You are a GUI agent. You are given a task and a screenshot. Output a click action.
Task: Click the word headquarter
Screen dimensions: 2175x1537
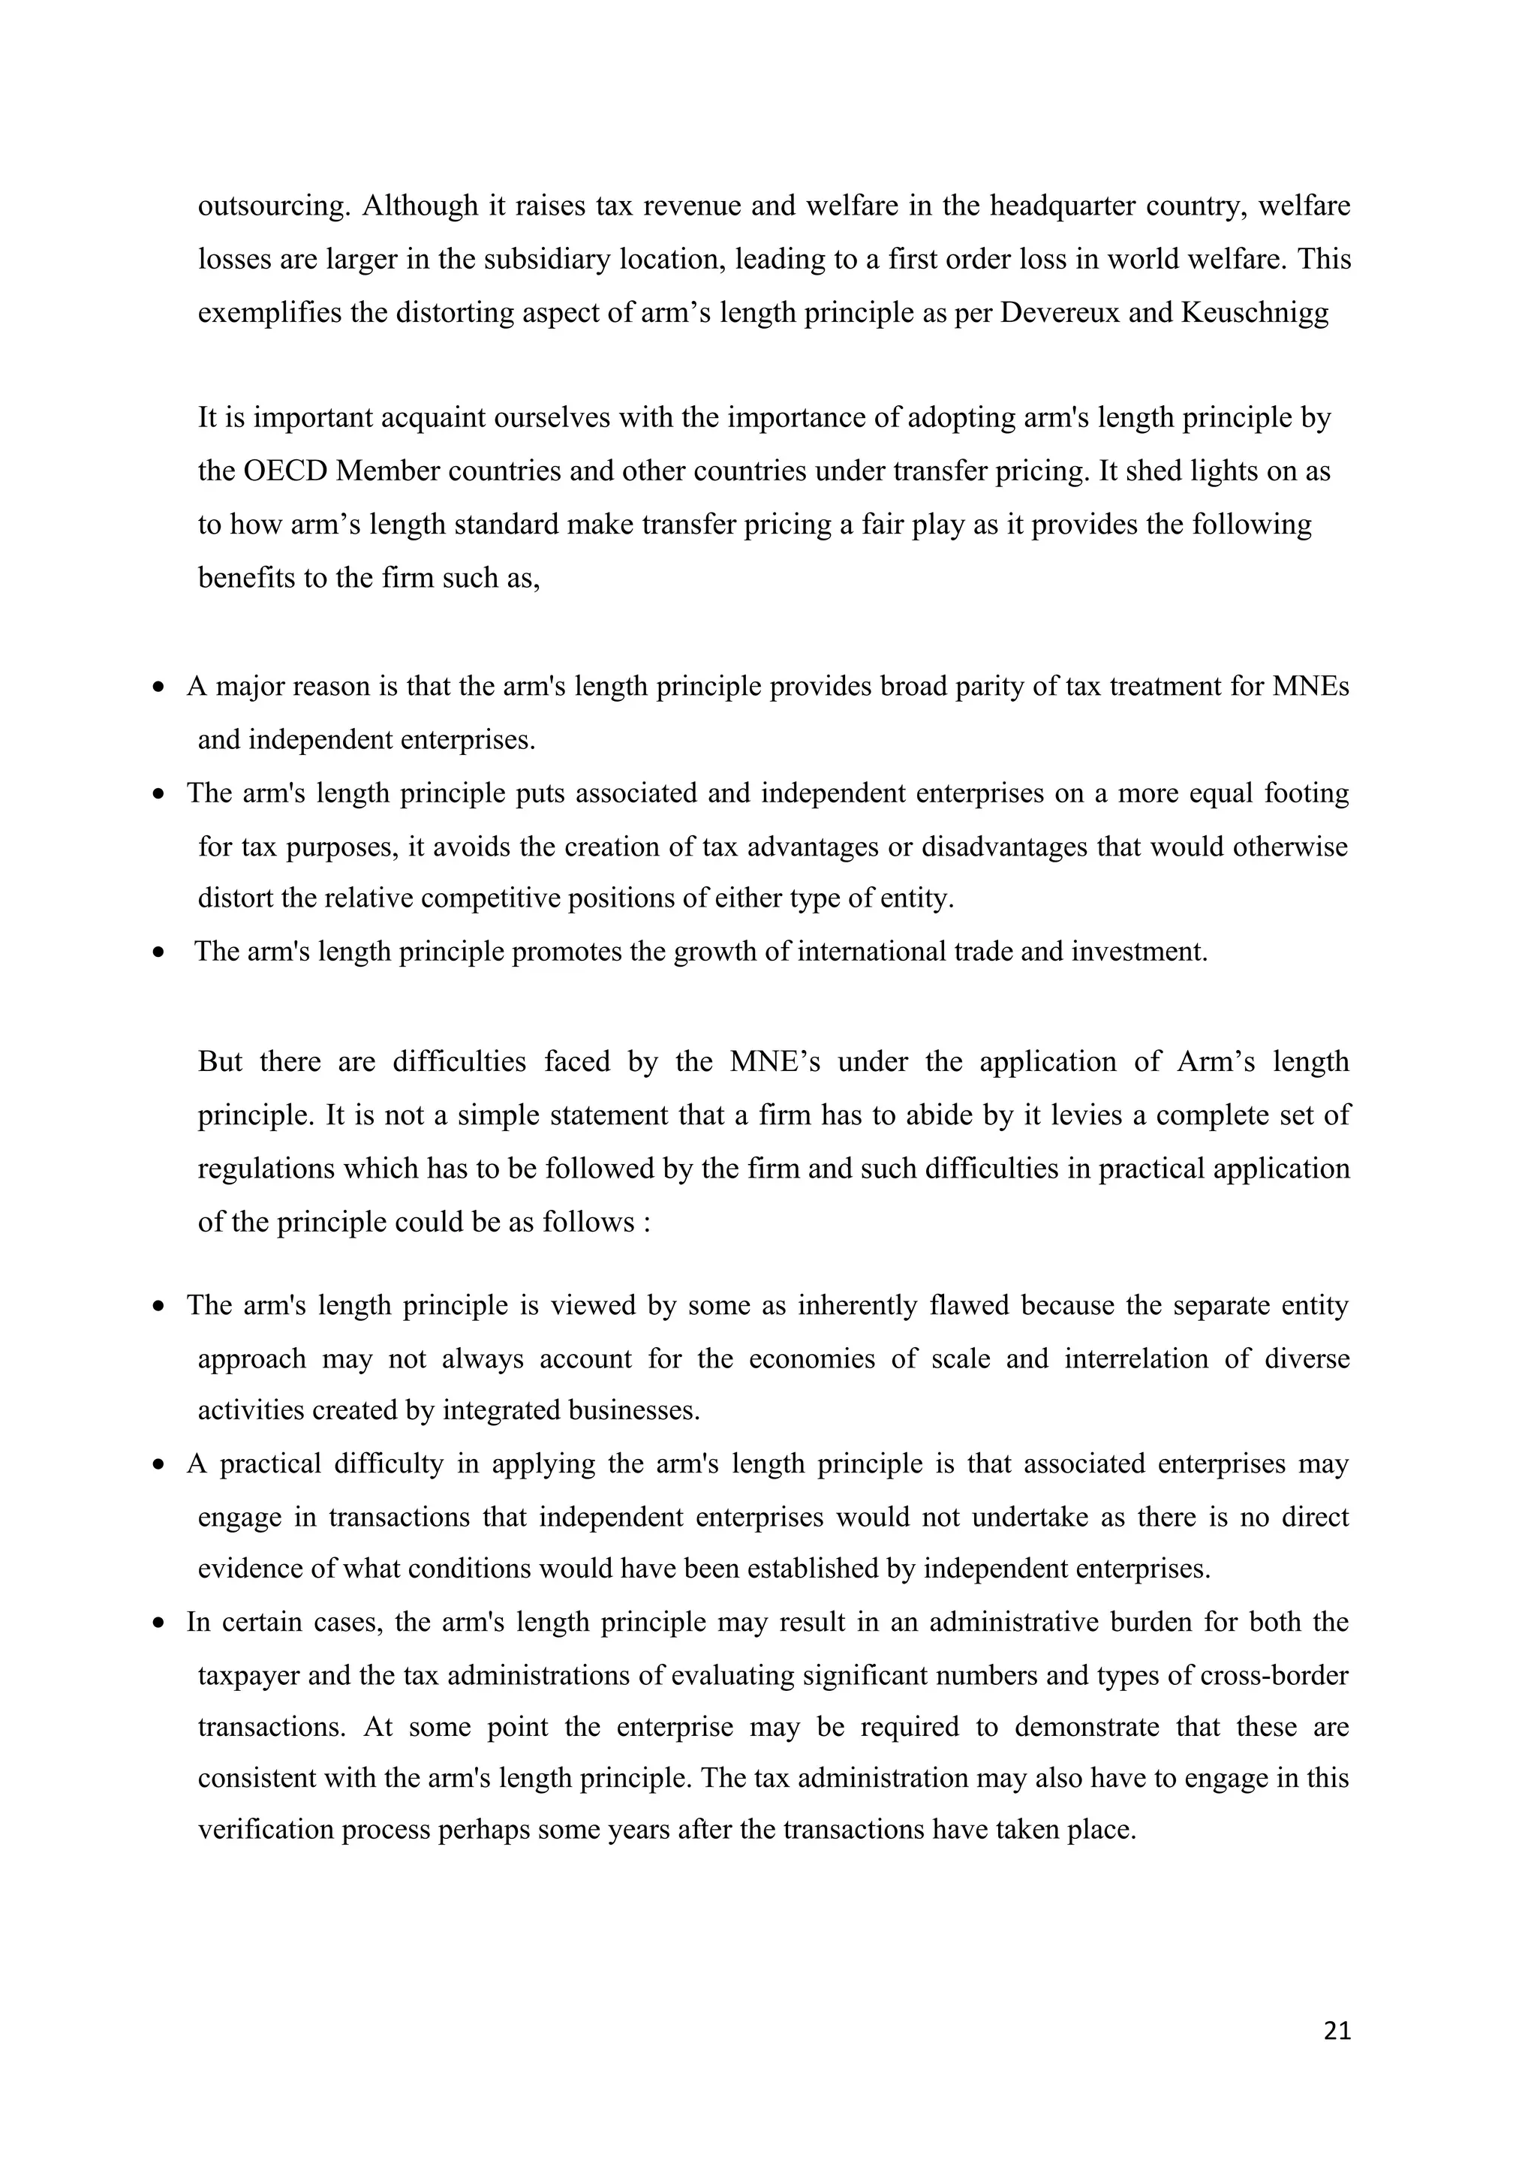pyautogui.click(x=1063, y=206)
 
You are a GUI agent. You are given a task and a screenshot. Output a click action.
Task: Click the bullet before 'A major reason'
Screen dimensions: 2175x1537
pyautogui.click(x=159, y=687)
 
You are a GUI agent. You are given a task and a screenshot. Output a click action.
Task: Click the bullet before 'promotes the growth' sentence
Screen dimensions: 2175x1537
pyautogui.click(x=159, y=952)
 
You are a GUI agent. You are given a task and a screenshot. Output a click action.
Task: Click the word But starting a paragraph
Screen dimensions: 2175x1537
pyautogui.click(x=220, y=1061)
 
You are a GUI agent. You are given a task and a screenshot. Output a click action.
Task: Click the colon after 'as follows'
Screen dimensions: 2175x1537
pyautogui.click(x=646, y=1222)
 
